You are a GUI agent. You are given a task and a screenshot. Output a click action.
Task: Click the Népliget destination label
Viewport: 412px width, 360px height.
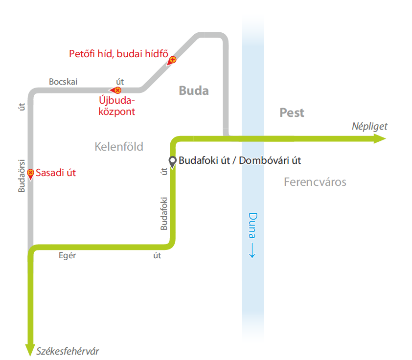[369, 126]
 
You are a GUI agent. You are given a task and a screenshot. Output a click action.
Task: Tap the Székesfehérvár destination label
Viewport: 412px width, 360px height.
[68, 351]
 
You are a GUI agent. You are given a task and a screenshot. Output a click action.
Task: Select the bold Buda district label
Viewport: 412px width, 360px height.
[193, 90]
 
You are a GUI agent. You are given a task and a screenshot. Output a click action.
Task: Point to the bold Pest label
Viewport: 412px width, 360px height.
[292, 112]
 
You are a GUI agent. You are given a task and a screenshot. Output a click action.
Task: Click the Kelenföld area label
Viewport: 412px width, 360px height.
[119, 146]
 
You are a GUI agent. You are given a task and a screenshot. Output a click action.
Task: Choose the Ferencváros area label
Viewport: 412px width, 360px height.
[315, 182]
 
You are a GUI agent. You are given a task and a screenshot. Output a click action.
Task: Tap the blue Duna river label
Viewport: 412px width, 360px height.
[252, 230]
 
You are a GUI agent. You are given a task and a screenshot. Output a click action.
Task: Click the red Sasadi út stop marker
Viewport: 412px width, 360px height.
[30, 173]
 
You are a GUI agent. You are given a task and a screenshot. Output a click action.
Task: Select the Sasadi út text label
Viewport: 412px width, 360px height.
[56, 173]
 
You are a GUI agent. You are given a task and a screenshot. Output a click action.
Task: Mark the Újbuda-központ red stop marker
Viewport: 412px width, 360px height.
[116, 90]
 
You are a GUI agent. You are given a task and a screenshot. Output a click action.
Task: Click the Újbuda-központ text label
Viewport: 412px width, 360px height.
[117, 106]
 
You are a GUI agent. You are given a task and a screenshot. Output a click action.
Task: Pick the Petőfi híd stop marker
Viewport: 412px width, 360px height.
[172, 61]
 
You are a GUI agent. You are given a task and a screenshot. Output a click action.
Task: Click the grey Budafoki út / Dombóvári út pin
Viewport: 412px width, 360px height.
[172, 160]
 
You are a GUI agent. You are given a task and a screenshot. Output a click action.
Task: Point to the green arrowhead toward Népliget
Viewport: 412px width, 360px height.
[380, 139]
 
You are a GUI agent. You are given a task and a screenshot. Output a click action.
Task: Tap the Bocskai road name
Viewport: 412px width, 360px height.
[63, 82]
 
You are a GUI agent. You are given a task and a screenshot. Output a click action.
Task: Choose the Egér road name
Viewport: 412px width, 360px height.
[67, 256]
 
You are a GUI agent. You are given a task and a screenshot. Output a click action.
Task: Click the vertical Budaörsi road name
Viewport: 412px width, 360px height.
[22, 175]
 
